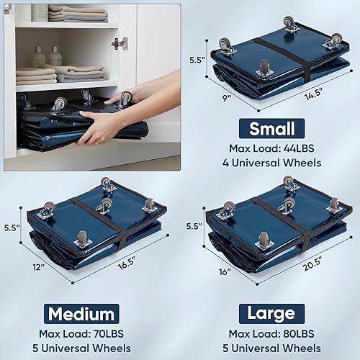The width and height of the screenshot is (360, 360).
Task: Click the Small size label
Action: pyautogui.click(x=271, y=130)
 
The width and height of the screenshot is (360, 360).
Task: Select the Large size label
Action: pyautogui.click(x=271, y=314)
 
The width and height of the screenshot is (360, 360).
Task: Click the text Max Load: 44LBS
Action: pyautogui.click(x=271, y=149)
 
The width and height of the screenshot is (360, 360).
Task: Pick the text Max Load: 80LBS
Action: pyautogui.click(x=271, y=334)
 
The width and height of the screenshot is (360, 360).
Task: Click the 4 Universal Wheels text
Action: pyautogui.click(x=271, y=163)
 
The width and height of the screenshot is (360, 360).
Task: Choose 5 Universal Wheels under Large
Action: pyautogui.click(x=271, y=348)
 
